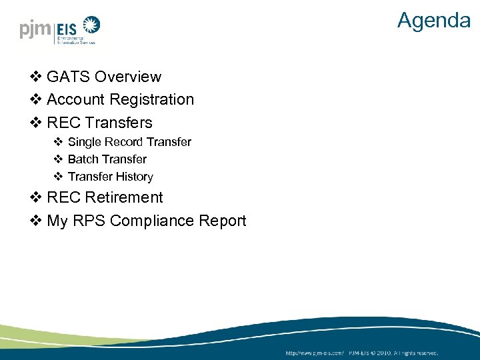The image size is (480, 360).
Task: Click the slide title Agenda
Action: click(x=433, y=20)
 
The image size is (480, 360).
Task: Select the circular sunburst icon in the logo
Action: click(x=90, y=27)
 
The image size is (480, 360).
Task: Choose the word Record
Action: click(x=124, y=142)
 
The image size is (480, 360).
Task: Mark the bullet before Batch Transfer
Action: click(x=58, y=159)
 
